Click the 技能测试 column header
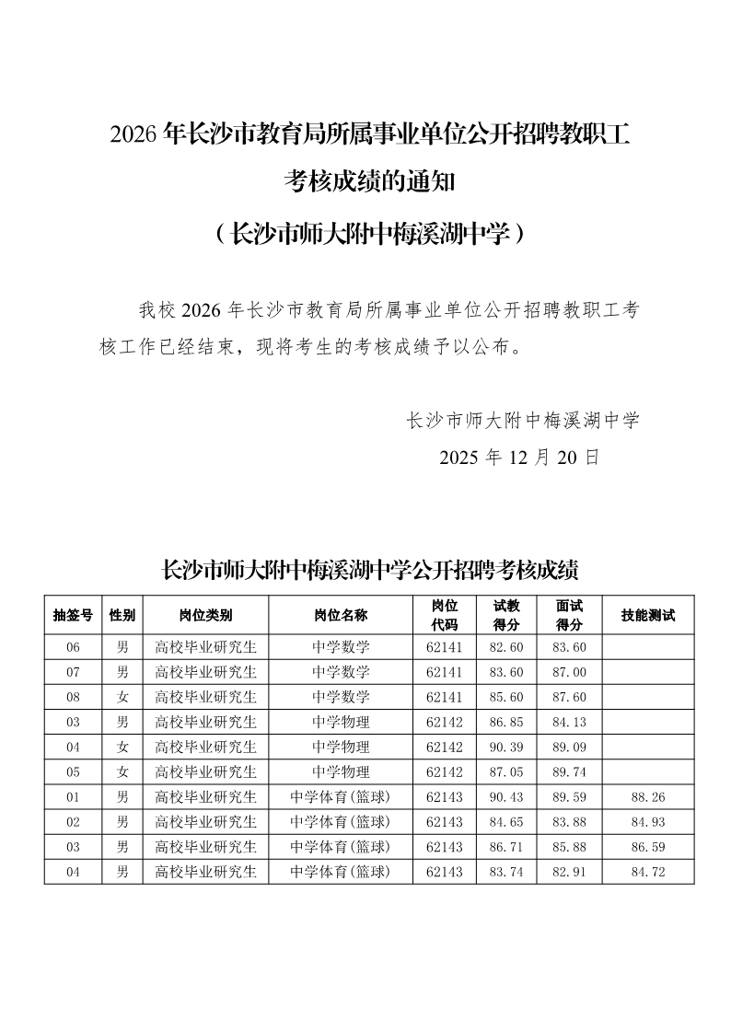(x=648, y=615)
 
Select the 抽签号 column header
(x=73, y=615)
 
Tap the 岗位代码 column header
(x=445, y=615)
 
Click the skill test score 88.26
(x=648, y=796)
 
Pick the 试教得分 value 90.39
(x=506, y=747)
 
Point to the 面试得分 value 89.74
(x=569, y=771)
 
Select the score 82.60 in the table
(x=506, y=647)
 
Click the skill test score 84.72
(x=648, y=871)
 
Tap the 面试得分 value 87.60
(x=569, y=697)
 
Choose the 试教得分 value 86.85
(x=506, y=722)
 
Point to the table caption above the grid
(x=369, y=570)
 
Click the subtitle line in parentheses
(x=369, y=234)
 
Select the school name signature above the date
(x=522, y=421)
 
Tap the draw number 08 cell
(x=73, y=697)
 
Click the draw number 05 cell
(x=73, y=771)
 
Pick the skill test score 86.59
(x=648, y=846)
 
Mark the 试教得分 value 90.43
(x=506, y=796)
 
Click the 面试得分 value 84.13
(x=569, y=722)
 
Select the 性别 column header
(x=122, y=615)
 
